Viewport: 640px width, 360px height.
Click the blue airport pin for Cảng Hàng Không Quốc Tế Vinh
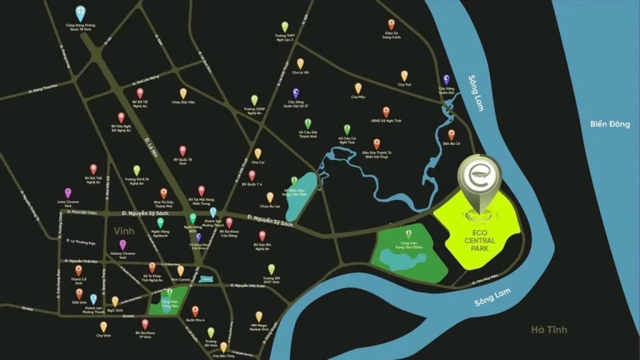click(x=79, y=12)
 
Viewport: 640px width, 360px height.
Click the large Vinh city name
click(x=124, y=231)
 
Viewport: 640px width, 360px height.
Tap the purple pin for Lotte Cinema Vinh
click(x=68, y=193)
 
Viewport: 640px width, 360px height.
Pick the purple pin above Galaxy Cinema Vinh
click(x=123, y=244)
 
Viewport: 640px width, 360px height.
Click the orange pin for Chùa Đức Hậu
click(x=183, y=92)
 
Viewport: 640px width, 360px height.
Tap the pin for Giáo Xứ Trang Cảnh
click(x=392, y=24)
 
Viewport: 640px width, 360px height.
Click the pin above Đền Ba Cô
click(x=451, y=134)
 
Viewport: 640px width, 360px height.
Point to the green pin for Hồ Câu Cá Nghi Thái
click(x=348, y=129)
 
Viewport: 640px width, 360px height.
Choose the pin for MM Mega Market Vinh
click(x=259, y=316)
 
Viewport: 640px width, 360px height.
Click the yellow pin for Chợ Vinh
click(x=103, y=326)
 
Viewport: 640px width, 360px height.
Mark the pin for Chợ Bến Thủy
click(x=223, y=347)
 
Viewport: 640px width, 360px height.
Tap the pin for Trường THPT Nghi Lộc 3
click(x=284, y=27)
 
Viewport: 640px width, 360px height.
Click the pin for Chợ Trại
click(x=404, y=75)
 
